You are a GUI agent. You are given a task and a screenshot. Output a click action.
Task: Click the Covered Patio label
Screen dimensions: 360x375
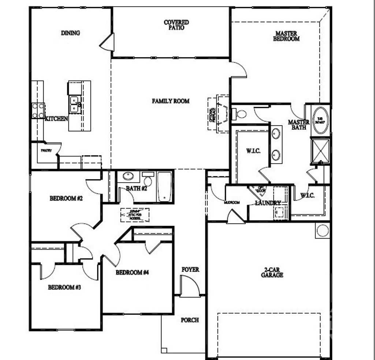click(176, 25)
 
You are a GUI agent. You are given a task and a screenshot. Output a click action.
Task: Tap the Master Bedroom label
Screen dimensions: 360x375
click(286, 36)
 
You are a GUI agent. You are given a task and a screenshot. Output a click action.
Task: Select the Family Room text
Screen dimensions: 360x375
click(171, 101)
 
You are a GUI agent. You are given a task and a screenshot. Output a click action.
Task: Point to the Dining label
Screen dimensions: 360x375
click(70, 33)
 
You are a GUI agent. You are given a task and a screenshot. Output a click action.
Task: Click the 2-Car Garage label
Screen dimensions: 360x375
click(272, 273)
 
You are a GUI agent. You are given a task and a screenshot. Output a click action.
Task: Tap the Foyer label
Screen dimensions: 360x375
click(190, 270)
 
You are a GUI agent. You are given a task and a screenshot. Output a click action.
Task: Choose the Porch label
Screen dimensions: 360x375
click(190, 320)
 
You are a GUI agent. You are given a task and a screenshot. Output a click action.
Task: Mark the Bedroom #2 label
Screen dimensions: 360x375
click(66, 199)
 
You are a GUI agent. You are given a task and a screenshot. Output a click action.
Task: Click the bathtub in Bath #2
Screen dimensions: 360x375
click(164, 186)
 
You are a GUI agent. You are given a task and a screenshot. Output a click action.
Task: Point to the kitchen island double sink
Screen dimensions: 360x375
click(75, 104)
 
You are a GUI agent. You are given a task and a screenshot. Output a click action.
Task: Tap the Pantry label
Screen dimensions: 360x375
click(47, 150)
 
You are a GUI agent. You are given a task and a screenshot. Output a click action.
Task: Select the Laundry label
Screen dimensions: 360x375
click(268, 203)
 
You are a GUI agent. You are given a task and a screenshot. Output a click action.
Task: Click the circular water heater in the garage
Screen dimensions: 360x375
click(323, 231)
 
